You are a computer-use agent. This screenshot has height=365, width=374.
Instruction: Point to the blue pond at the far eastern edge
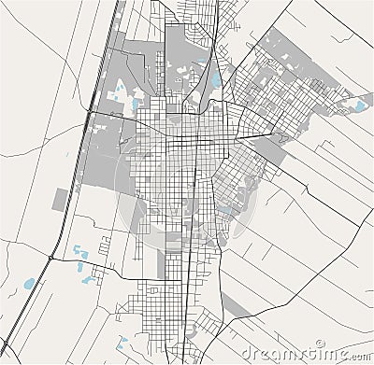[359, 105]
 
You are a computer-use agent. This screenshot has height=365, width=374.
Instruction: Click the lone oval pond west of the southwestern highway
[29, 282]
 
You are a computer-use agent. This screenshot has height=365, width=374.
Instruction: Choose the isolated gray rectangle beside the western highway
[63, 199]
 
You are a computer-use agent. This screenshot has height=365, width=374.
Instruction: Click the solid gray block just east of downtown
[271, 150]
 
